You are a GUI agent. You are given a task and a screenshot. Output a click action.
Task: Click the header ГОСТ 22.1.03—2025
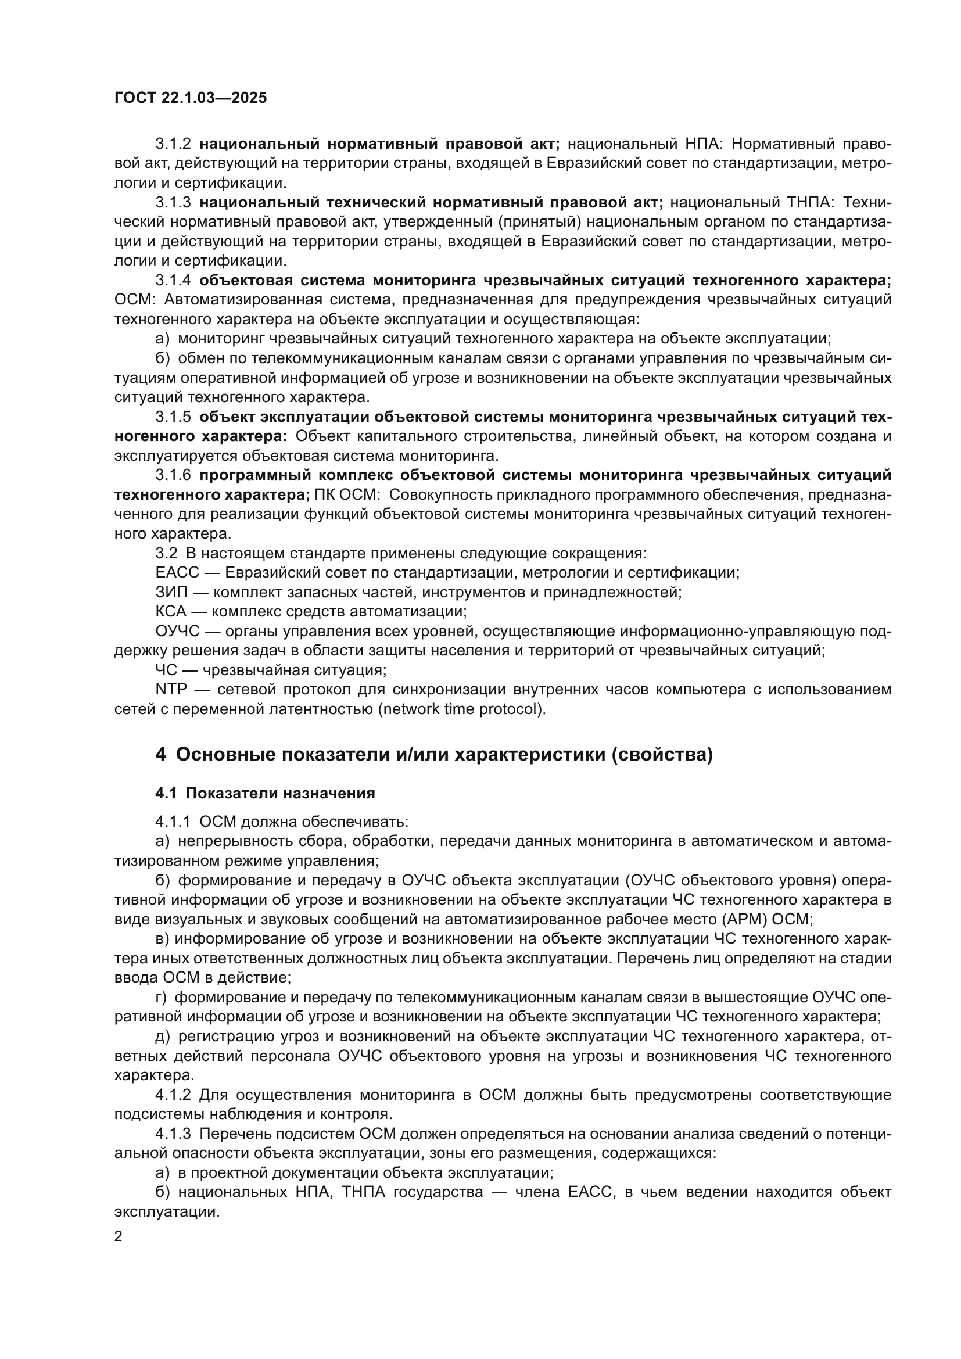(191, 98)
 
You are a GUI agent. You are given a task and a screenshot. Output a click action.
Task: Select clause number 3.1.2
(173, 144)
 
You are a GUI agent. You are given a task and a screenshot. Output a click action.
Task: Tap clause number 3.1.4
(173, 281)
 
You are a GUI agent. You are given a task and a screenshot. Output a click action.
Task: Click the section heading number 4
(160, 755)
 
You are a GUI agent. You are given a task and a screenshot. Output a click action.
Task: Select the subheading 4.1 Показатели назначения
(265, 793)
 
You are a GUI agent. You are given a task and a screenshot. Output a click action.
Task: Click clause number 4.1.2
(173, 1095)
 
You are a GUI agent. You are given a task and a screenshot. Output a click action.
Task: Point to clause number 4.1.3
(173, 1134)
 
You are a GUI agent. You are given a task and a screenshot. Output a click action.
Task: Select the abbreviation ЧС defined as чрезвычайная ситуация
(166, 670)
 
